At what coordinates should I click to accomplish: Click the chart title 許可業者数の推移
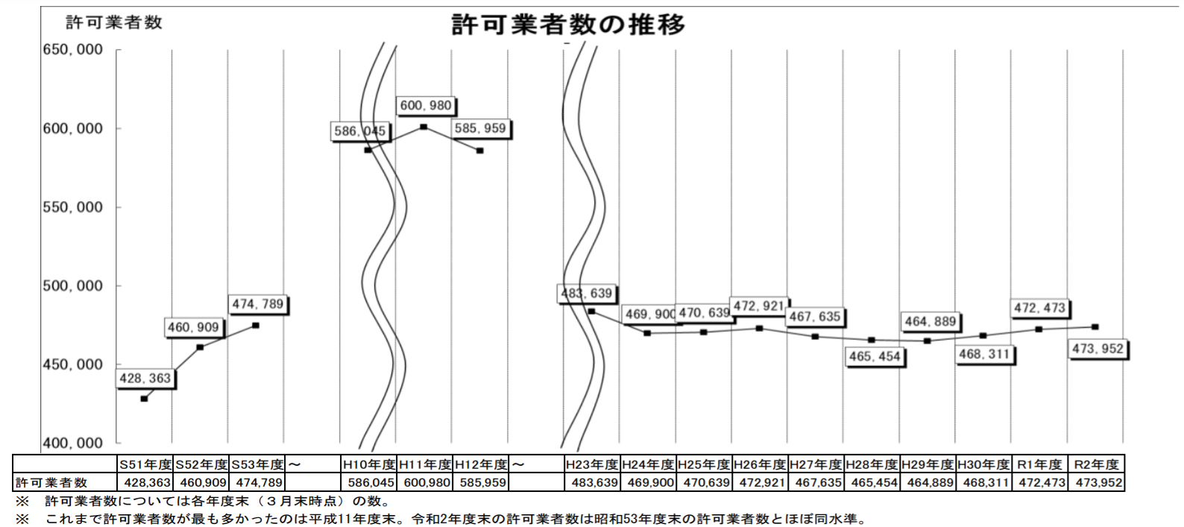568,25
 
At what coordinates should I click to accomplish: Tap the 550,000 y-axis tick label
73,207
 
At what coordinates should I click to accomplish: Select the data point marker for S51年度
145,399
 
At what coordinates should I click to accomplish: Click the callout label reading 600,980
426,106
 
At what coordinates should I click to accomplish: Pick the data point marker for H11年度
423,127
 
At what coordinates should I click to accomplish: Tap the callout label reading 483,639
587,294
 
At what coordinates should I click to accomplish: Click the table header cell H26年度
760,464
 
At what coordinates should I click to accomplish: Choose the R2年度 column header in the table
1096,464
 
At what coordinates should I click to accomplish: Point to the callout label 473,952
1098,349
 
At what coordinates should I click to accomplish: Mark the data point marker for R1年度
1039,329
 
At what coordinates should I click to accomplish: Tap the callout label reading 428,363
145,379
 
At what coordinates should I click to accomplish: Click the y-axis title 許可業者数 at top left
113,22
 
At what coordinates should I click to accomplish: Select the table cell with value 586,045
368,482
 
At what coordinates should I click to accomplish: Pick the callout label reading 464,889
930,321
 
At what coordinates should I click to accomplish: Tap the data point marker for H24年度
647,333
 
